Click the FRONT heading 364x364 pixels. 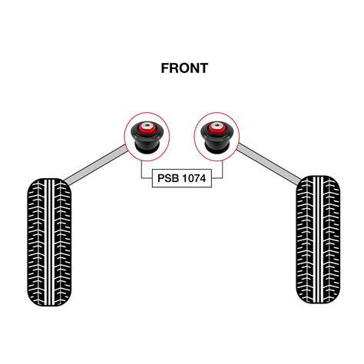[x=184, y=68]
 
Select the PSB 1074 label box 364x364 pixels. [x=182, y=178]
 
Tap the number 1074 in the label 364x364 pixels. [x=193, y=178]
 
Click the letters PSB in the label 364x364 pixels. [x=168, y=178]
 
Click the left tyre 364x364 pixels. [x=49, y=242]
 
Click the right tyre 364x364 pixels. [x=318, y=240]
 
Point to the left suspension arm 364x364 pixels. [x=95, y=165]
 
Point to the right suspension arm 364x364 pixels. [x=269, y=164]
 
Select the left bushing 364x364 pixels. [x=147, y=137]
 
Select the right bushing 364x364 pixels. [x=217, y=137]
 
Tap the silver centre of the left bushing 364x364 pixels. [x=147, y=125]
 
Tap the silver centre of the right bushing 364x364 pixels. [x=217, y=126]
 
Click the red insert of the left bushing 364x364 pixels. [x=147, y=128]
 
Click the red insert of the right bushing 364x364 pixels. [x=217, y=128]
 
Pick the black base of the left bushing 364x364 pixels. [x=147, y=149]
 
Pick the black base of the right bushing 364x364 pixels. [x=217, y=149]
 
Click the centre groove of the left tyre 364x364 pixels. [x=50, y=242]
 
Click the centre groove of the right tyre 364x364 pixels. [x=319, y=240]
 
